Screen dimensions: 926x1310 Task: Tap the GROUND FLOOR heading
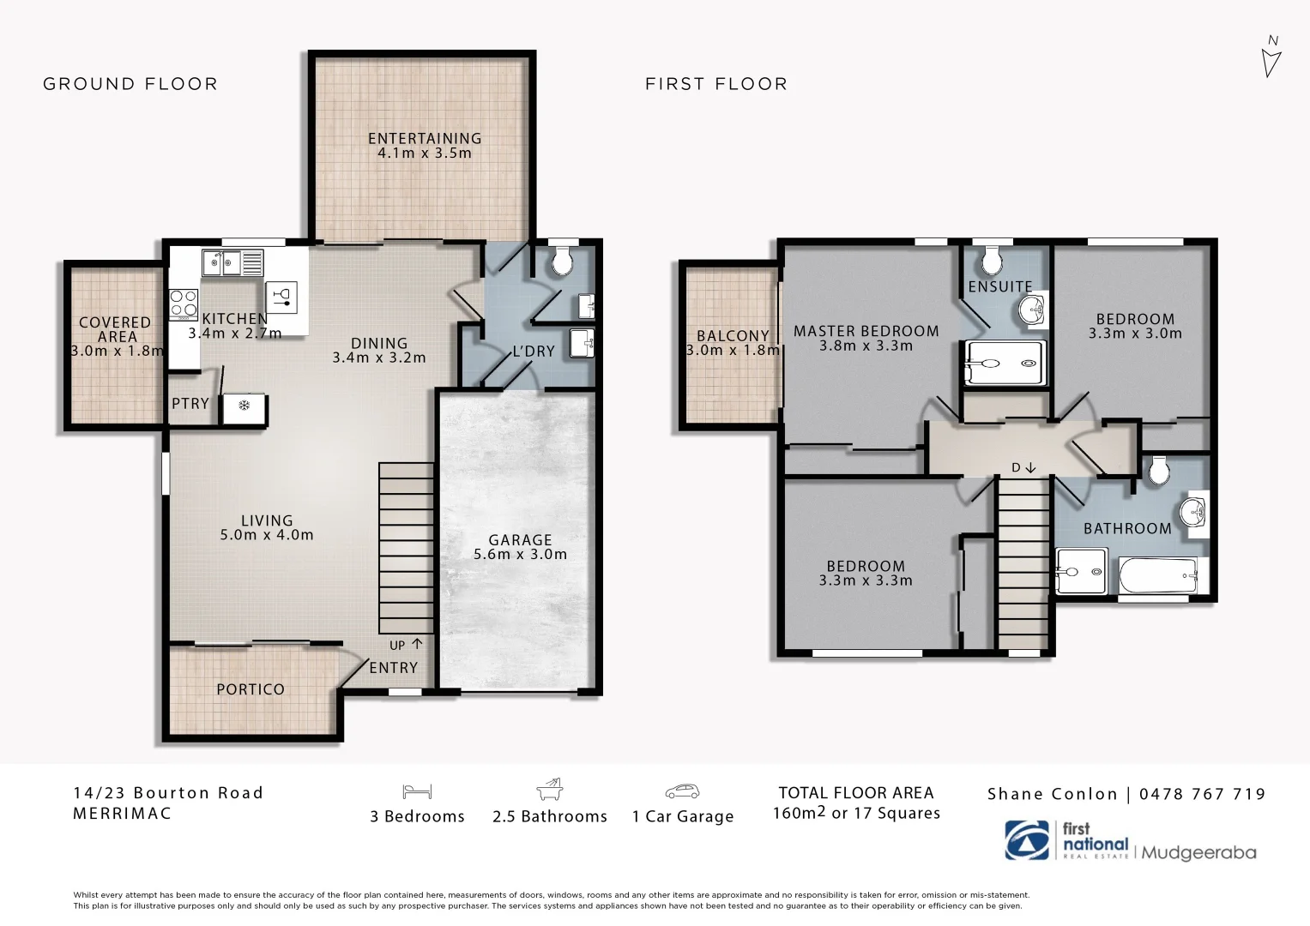[x=130, y=84]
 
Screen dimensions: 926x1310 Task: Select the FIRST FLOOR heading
[x=715, y=84]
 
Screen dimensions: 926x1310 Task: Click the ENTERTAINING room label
[x=425, y=138]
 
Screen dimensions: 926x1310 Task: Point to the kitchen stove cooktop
[x=184, y=304]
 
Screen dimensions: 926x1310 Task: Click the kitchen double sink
[x=232, y=262]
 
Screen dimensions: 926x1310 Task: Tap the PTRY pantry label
[x=190, y=403]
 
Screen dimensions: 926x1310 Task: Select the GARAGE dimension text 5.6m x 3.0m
[x=520, y=555]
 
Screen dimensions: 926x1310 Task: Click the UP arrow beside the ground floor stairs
[x=417, y=644]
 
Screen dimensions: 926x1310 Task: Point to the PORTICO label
[x=251, y=689]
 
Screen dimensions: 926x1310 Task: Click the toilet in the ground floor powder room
[x=562, y=262]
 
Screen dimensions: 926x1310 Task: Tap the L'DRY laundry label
[x=533, y=352]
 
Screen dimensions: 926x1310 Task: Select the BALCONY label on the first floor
[x=733, y=336]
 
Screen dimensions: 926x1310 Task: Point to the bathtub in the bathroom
[x=1158, y=575]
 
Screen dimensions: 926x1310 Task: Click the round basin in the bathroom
[x=1193, y=513]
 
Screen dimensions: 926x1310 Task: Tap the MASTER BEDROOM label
[x=866, y=331]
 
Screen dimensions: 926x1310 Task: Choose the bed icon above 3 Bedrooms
[x=417, y=791]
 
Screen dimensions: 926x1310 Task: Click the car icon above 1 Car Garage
[x=682, y=791]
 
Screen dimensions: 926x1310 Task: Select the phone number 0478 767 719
[x=1202, y=794]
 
